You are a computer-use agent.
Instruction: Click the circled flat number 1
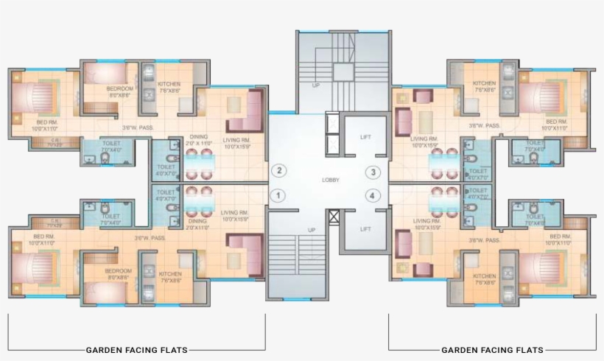(x=278, y=195)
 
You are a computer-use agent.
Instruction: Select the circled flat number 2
(x=278, y=171)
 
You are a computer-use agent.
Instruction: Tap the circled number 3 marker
(x=373, y=172)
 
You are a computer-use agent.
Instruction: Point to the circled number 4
(x=373, y=195)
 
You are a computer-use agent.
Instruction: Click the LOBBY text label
(x=331, y=180)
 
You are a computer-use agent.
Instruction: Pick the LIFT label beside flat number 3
(x=365, y=137)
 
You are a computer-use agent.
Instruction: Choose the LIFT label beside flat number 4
(x=365, y=229)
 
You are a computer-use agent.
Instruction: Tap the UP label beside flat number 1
(x=312, y=230)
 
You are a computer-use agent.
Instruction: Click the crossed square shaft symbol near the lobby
(x=334, y=217)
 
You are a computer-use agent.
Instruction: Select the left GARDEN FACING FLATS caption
(x=136, y=350)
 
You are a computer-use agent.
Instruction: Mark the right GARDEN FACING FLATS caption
(x=492, y=350)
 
